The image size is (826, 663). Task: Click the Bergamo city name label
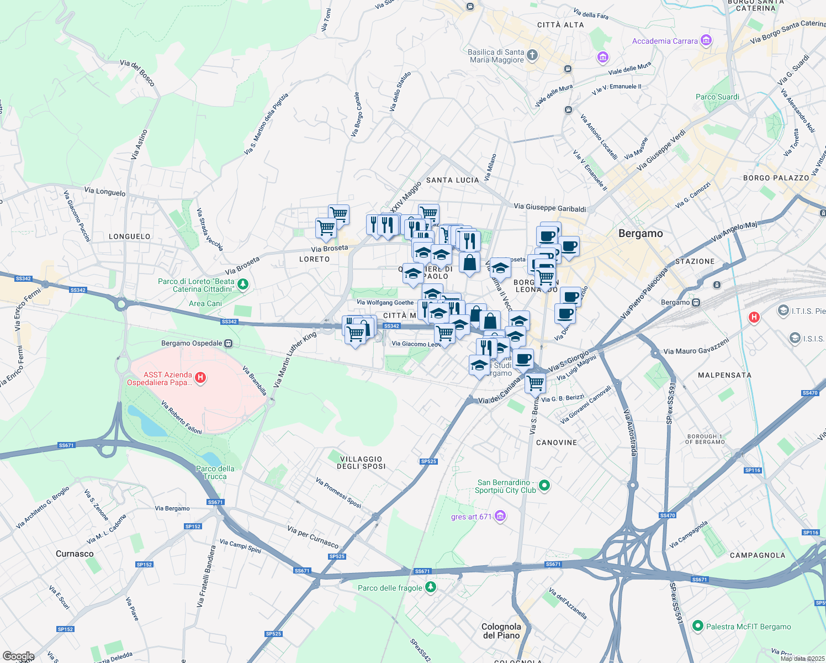click(640, 234)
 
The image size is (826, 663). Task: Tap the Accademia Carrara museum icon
click(706, 40)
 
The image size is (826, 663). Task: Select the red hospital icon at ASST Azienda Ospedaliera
click(201, 378)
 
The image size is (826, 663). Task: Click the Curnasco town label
click(75, 554)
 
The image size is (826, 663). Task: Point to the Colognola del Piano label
click(501, 631)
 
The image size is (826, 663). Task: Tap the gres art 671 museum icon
click(500, 516)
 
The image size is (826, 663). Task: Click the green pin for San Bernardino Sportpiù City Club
click(544, 486)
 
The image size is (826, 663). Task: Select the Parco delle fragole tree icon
click(431, 587)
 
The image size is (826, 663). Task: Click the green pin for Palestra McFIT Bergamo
click(697, 626)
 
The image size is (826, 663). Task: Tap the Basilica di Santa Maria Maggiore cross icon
click(532, 55)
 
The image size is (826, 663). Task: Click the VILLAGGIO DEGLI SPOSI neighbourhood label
click(361, 463)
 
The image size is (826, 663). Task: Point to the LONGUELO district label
click(130, 236)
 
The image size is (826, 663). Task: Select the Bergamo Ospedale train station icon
click(229, 343)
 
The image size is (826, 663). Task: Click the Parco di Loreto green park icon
click(243, 285)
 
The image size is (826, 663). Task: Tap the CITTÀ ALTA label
click(560, 25)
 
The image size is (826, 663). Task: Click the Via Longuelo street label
click(105, 192)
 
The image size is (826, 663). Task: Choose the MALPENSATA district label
click(724, 375)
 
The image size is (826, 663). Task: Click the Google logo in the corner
click(18, 656)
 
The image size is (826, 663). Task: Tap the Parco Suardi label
click(717, 97)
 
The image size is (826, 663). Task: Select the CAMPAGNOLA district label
click(757, 555)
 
